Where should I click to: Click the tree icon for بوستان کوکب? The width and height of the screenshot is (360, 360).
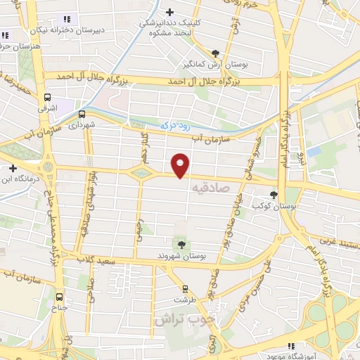pyautogui.click(x=274, y=195)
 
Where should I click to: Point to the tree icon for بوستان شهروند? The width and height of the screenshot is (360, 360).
pyautogui.click(x=182, y=244)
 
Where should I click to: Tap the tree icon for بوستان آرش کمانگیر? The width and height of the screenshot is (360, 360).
pyautogui.click(x=214, y=53)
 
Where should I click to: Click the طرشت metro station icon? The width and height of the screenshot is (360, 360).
pyautogui.click(x=185, y=288)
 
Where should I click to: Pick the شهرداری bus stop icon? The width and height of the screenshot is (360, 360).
pyautogui.click(x=82, y=114)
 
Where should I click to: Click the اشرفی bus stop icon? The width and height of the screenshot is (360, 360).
pyautogui.click(x=48, y=98)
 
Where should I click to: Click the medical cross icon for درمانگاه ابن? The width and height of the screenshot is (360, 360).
pyautogui.click(x=13, y=169)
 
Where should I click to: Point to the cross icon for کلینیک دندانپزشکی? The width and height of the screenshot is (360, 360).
pyautogui.click(x=169, y=11)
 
